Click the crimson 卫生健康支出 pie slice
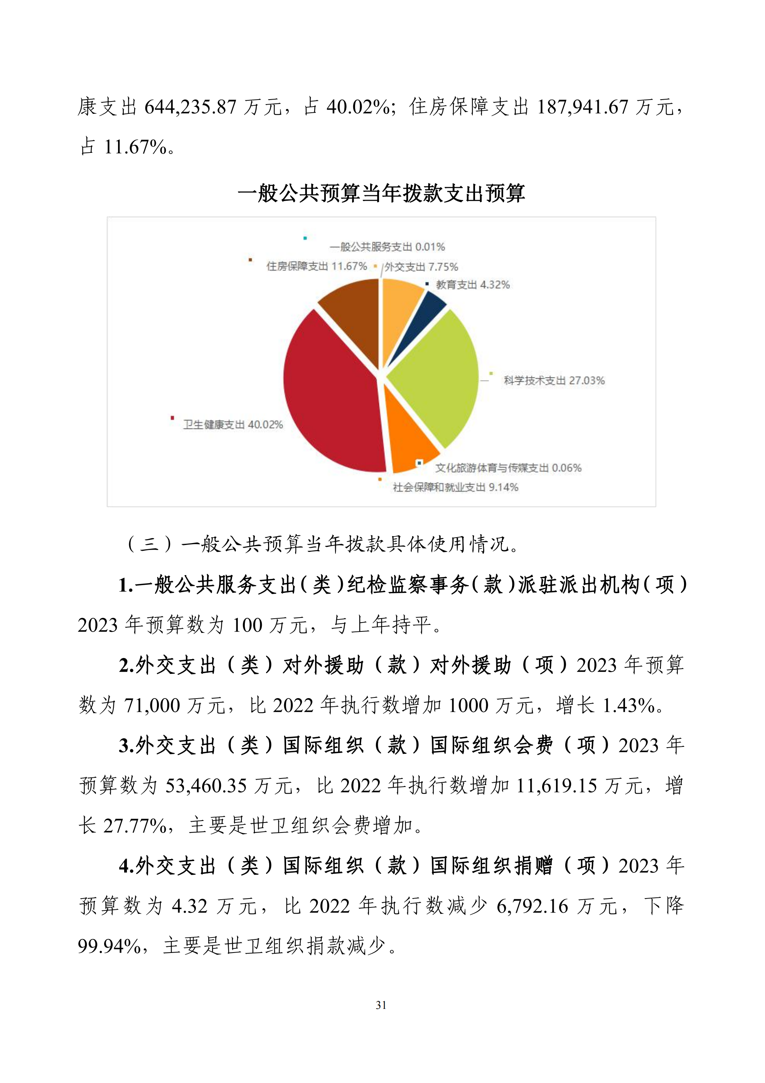[330, 396]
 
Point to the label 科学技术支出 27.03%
[554, 381]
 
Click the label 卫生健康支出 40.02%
[233, 425]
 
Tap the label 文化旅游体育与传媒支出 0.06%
[508, 468]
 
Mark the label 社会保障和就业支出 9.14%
[455, 487]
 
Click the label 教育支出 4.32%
[473, 284]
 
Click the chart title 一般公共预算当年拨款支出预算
[381, 193]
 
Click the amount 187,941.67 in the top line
[583, 107]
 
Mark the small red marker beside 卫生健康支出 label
[172, 418]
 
